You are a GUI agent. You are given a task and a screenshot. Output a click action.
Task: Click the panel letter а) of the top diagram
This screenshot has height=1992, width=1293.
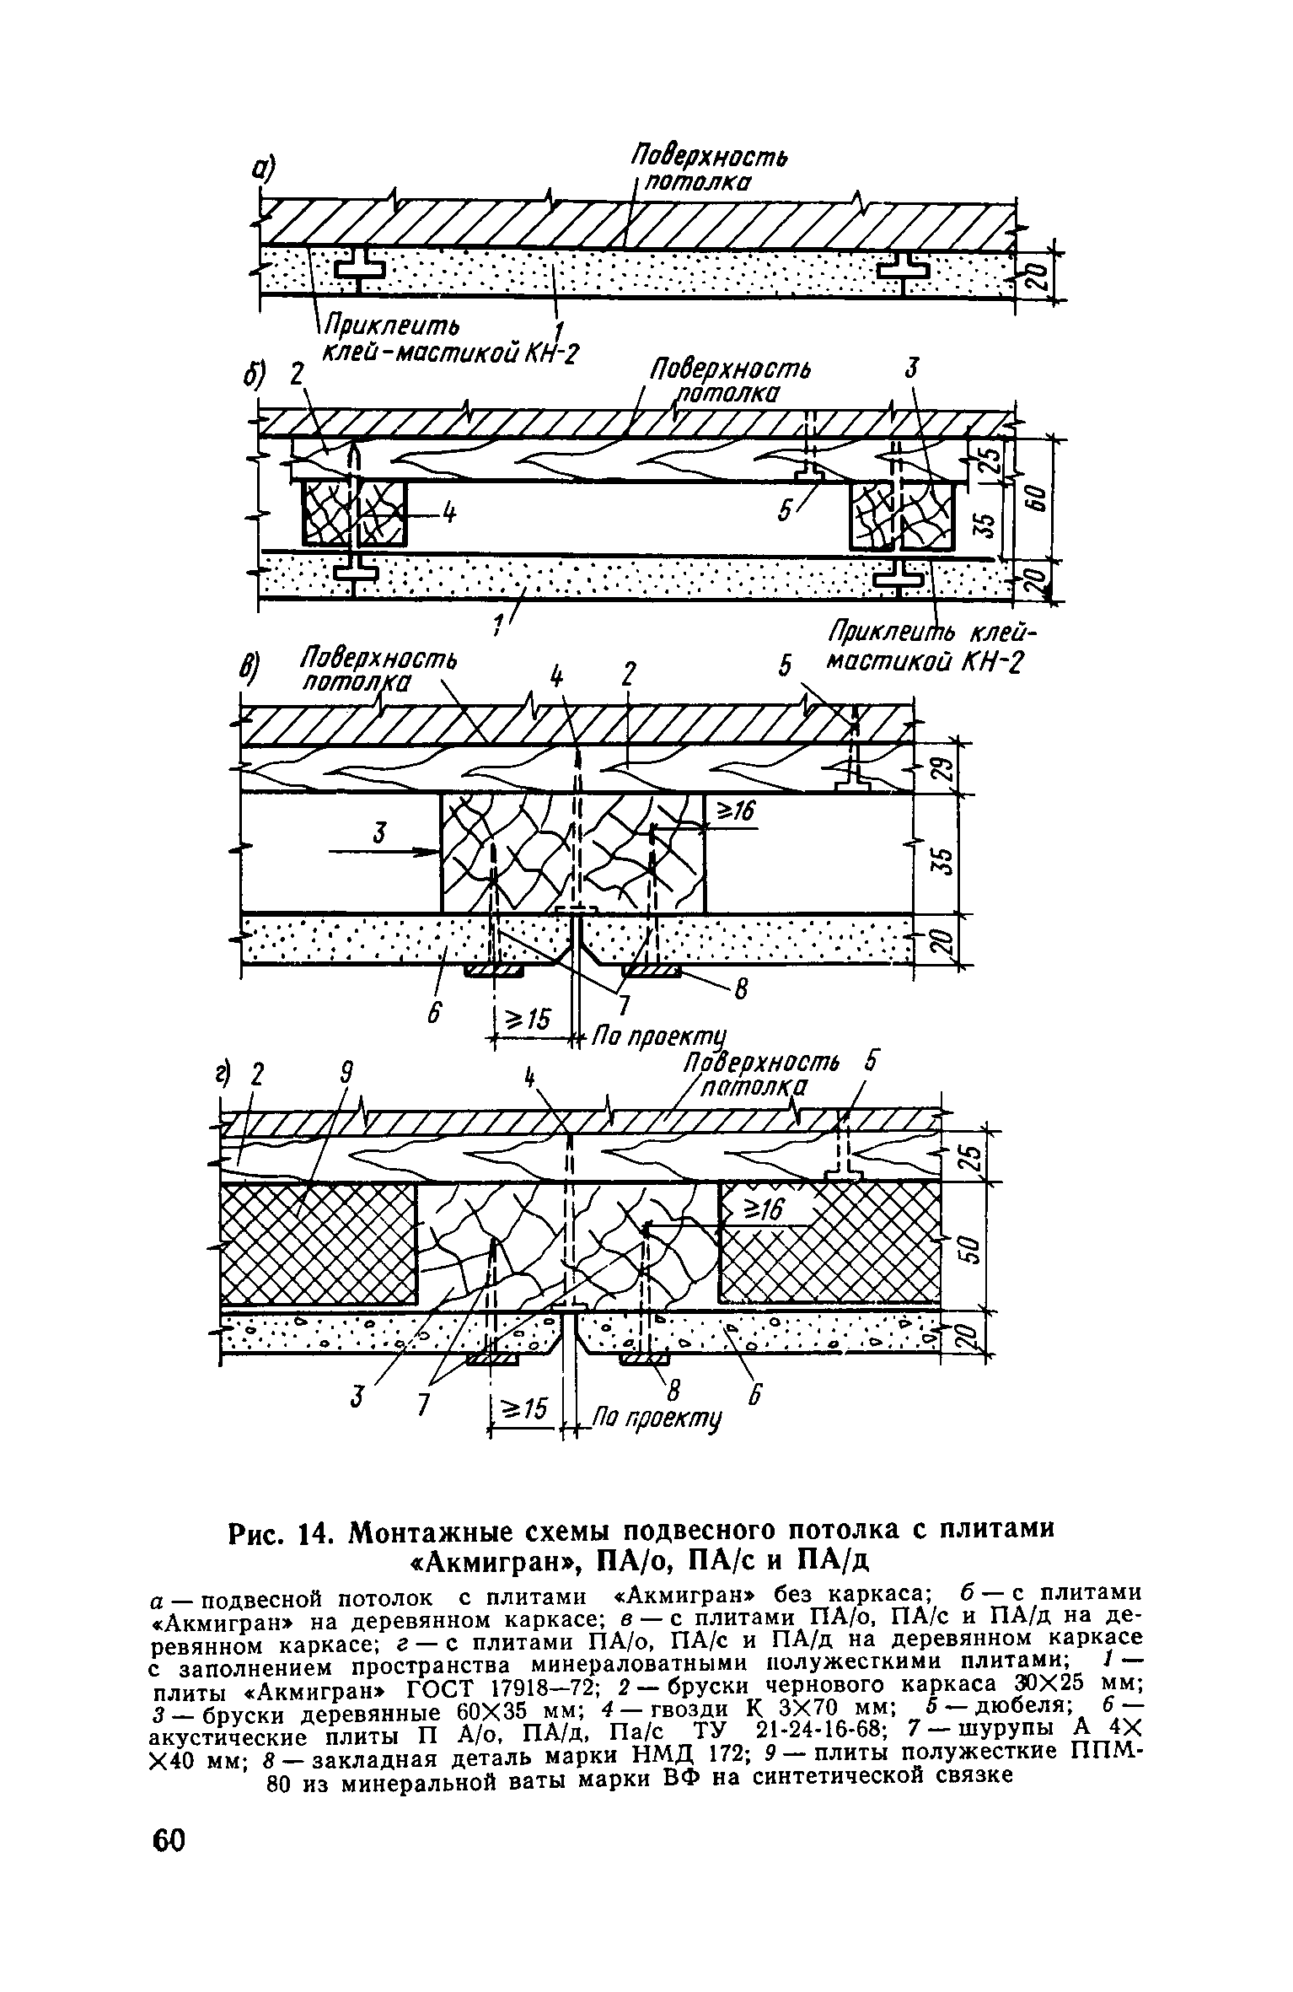[x=267, y=170]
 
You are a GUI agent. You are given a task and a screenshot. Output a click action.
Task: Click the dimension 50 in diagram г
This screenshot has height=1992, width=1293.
[x=968, y=1246]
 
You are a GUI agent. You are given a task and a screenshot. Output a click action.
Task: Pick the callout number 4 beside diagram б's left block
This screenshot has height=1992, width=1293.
[x=450, y=514]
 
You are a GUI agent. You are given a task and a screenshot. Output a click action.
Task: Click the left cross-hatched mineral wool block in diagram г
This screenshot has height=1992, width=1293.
[x=318, y=1244]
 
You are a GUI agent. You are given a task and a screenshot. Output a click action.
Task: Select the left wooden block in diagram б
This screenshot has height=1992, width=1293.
[x=355, y=513]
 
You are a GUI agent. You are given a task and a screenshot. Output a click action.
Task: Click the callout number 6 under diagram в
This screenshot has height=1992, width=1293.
[x=433, y=1014]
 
